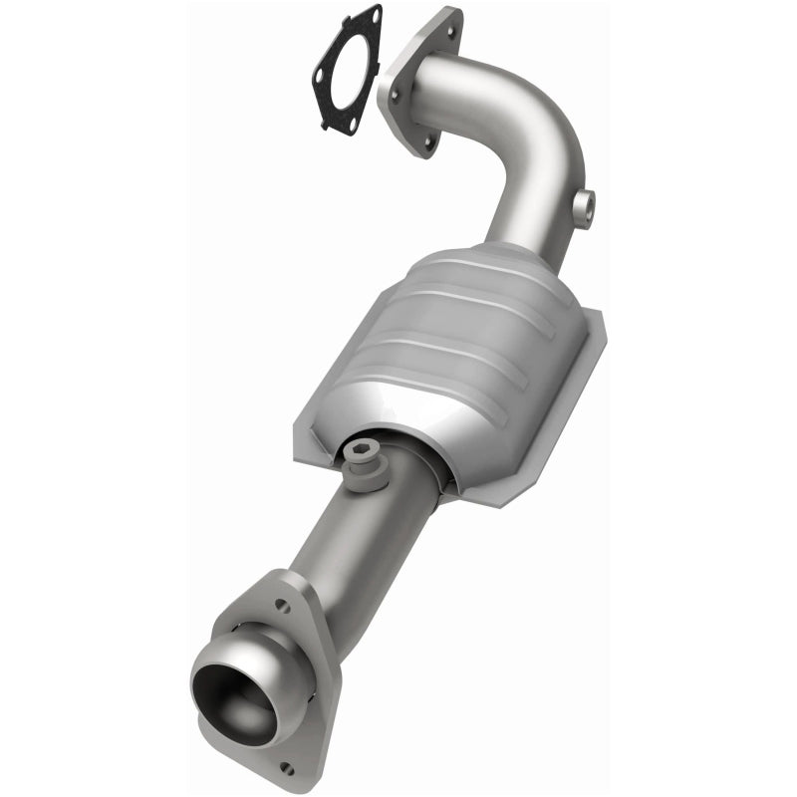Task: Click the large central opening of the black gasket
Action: click(x=346, y=70)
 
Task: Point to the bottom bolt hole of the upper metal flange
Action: click(x=428, y=142)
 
